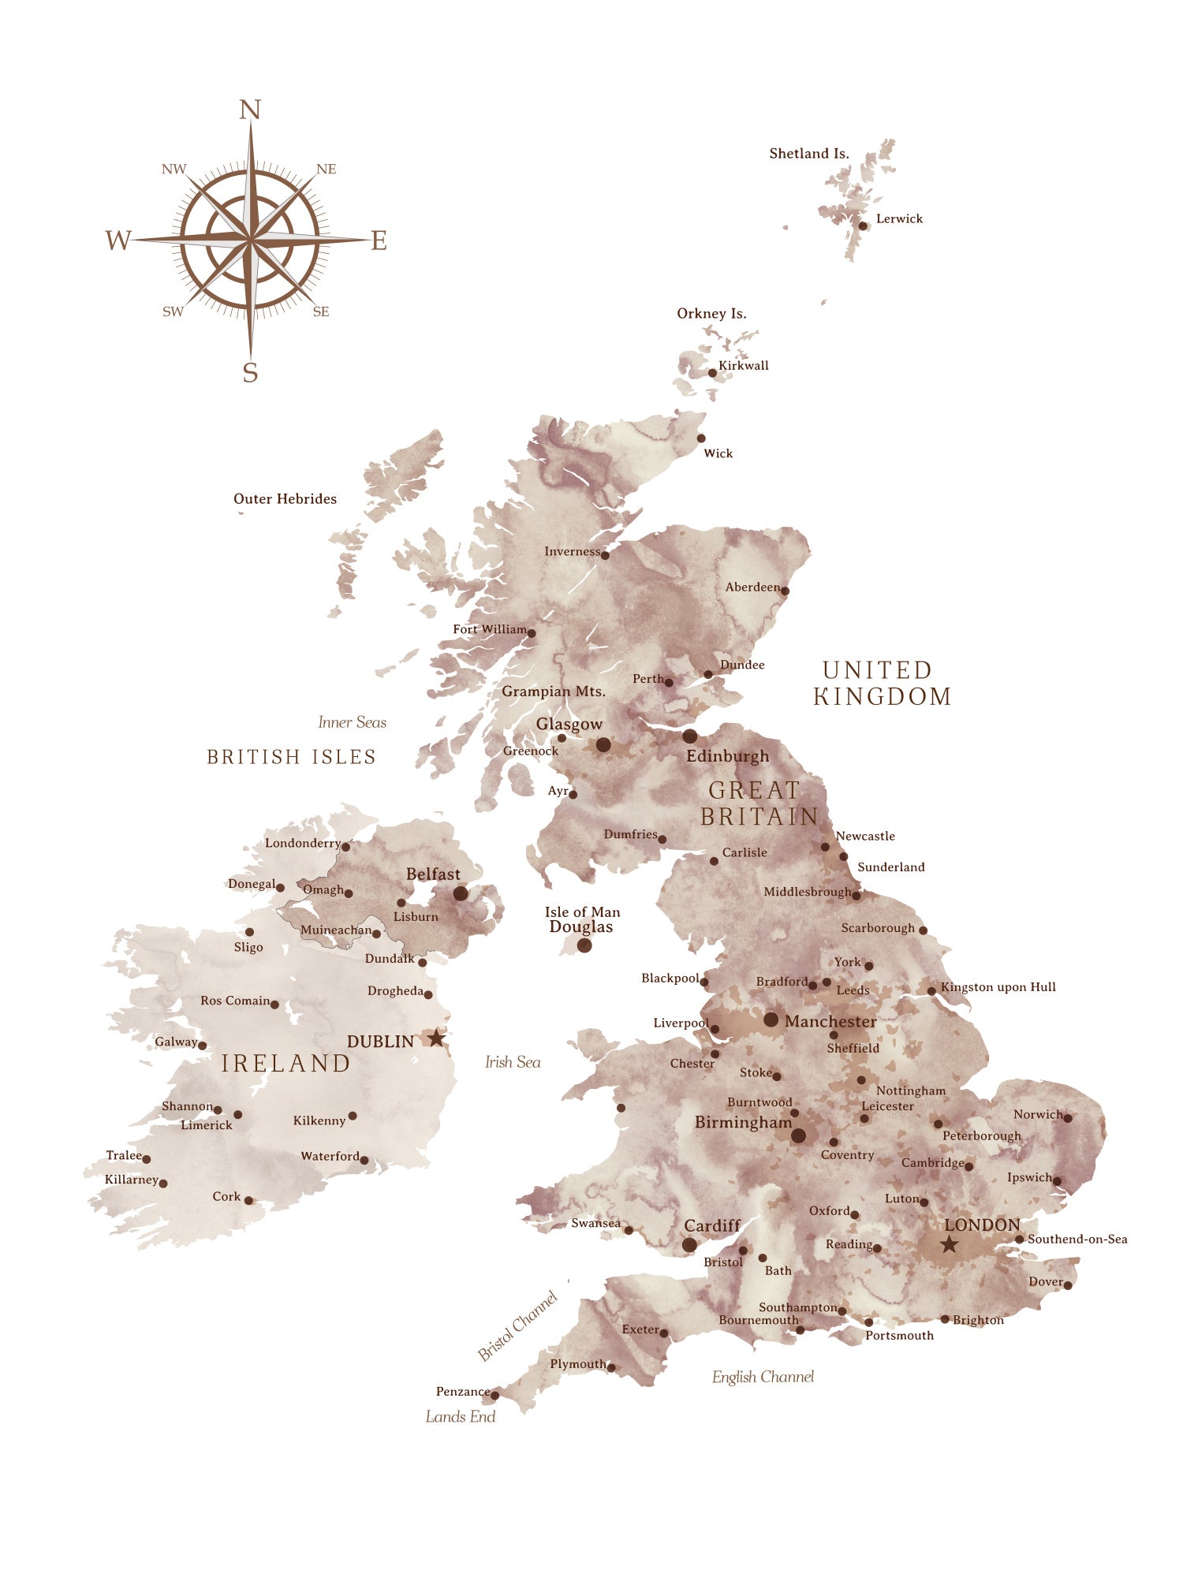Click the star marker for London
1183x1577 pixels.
click(x=949, y=1245)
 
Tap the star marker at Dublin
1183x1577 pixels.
click(x=436, y=1038)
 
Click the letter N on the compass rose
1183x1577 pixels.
click(x=250, y=110)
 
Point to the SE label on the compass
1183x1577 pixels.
click(x=321, y=311)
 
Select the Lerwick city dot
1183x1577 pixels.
click(x=863, y=226)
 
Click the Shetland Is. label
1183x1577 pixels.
click(x=809, y=154)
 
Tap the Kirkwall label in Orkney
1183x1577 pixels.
click(x=743, y=366)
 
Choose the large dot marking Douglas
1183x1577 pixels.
click(x=584, y=945)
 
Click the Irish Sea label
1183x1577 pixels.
click(x=513, y=1062)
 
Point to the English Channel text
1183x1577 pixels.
click(x=763, y=1377)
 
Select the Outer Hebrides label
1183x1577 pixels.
click(x=285, y=499)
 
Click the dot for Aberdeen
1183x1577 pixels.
click(x=785, y=591)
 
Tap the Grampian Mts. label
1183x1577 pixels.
click(x=554, y=692)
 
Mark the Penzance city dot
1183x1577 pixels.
click(x=495, y=1396)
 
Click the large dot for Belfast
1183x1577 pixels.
click(x=461, y=893)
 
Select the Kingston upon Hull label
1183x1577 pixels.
click(x=998, y=987)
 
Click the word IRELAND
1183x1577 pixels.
click(x=285, y=1064)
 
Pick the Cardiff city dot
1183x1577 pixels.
click(x=689, y=1245)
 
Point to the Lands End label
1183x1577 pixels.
click(x=461, y=1417)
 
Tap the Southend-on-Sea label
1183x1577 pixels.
click(x=1077, y=1240)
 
